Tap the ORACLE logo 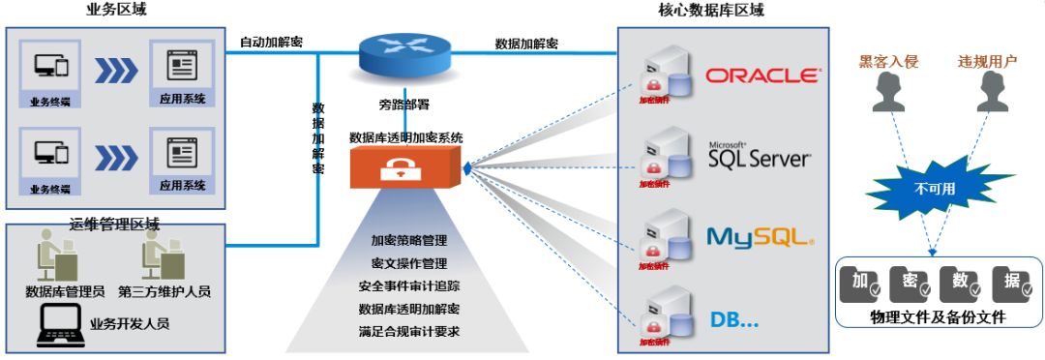tap(761, 75)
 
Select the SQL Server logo tap(759, 154)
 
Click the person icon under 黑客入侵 tap(888, 95)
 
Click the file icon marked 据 tap(1010, 282)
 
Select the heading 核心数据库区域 tap(710, 12)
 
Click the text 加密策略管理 tap(408, 239)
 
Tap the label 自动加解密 tap(271, 43)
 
